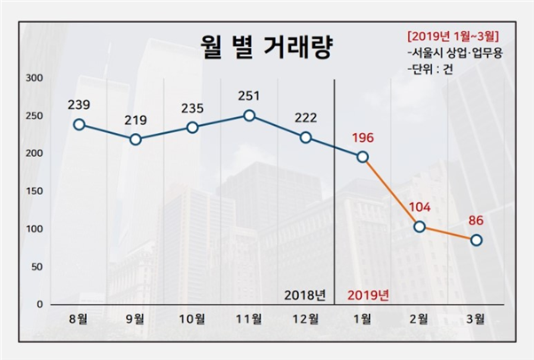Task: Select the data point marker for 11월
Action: (x=249, y=115)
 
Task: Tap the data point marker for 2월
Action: (x=420, y=227)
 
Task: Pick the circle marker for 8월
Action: (x=79, y=124)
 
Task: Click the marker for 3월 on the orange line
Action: (x=476, y=240)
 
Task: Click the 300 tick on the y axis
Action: (x=34, y=78)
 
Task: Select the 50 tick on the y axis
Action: (x=36, y=267)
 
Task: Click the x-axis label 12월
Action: (x=306, y=319)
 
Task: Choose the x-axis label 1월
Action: (x=363, y=319)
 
